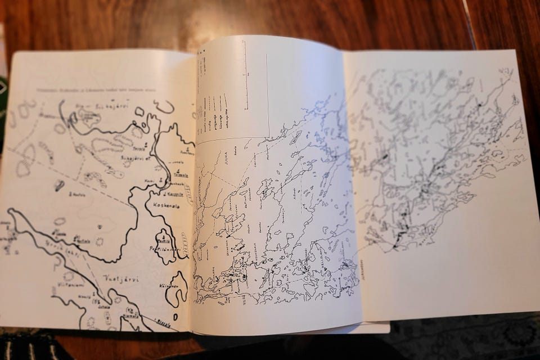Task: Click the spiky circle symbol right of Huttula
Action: coord(100,242)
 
